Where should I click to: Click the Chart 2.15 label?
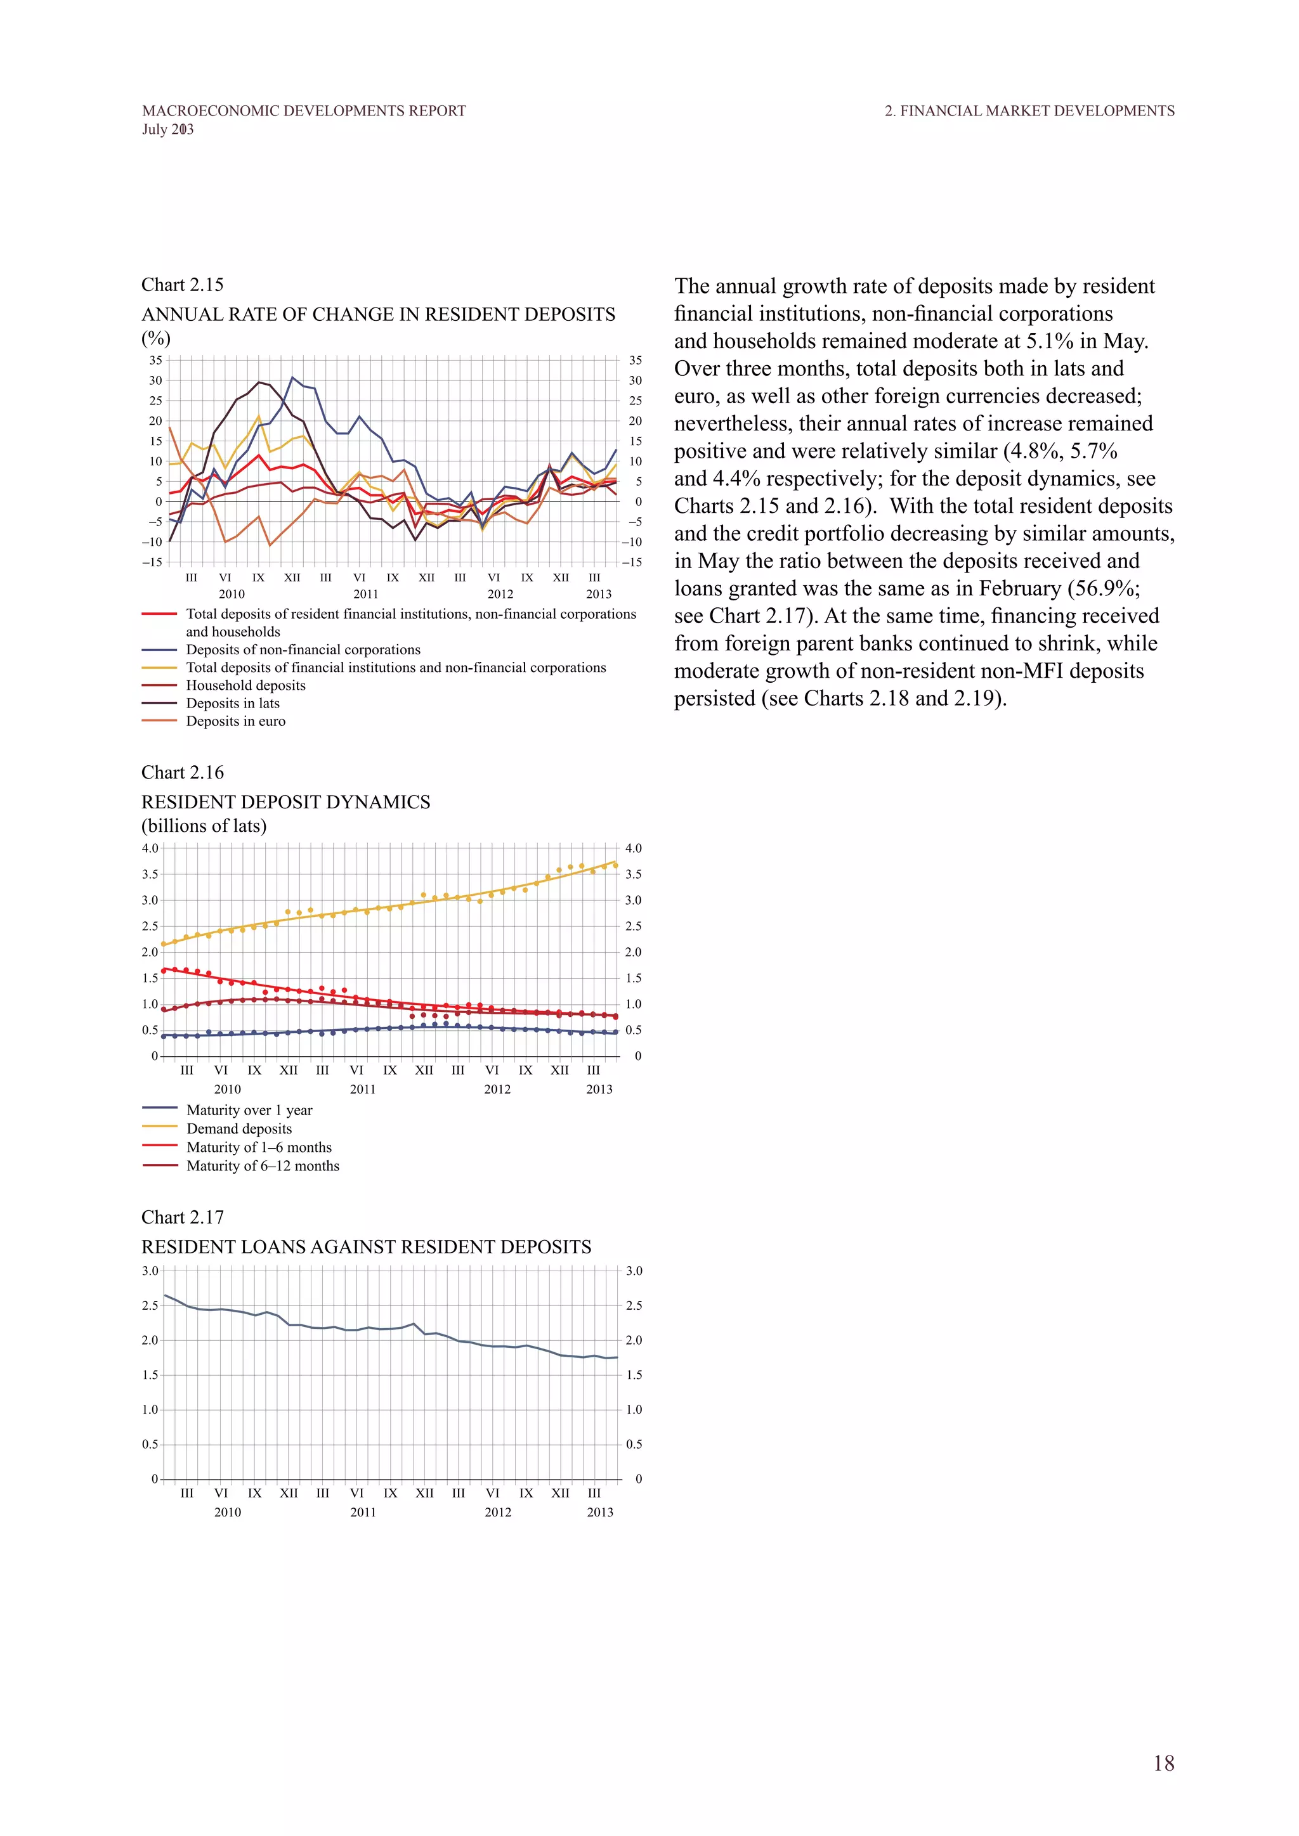pyautogui.click(x=183, y=285)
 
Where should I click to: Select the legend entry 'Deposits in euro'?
pyautogui.click(x=235, y=721)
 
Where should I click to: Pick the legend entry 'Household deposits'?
pyautogui.click(x=245, y=685)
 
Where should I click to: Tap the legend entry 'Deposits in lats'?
pyautogui.click(x=233, y=704)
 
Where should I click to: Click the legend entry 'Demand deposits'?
pyautogui.click(x=239, y=1128)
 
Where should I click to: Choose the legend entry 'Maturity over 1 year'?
pyautogui.click(x=249, y=1110)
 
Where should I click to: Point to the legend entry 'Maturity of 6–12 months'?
pyautogui.click(x=263, y=1166)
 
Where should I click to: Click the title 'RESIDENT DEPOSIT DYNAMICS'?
pyautogui.click(x=285, y=802)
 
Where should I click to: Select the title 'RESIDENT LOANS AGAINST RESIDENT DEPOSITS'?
pyautogui.click(x=367, y=1246)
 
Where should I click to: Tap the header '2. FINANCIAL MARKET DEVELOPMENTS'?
pyautogui.click(x=1029, y=111)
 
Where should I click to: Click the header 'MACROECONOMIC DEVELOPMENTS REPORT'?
pyautogui.click(x=304, y=111)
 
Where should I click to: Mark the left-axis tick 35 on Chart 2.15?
pyautogui.click(x=155, y=360)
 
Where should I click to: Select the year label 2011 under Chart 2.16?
pyautogui.click(x=362, y=1089)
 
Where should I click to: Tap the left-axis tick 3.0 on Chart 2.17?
pyautogui.click(x=150, y=1270)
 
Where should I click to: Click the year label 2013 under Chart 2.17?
pyautogui.click(x=600, y=1512)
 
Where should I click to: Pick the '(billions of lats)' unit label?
pyautogui.click(x=204, y=826)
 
